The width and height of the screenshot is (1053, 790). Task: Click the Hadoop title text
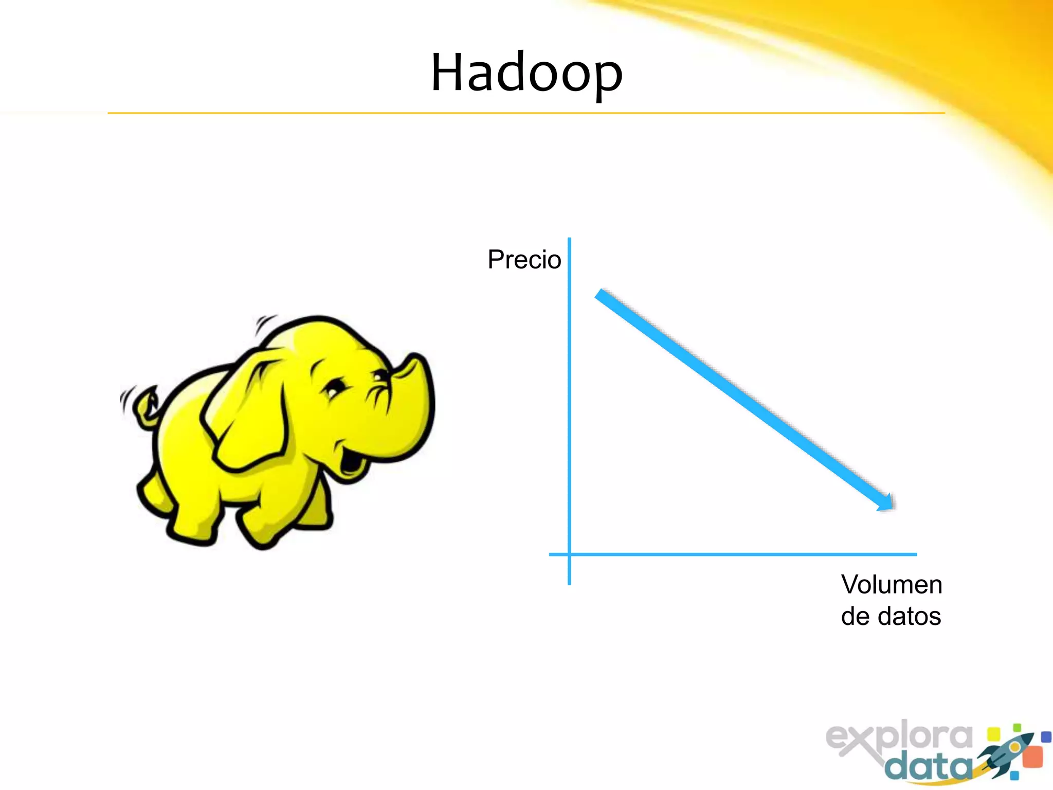(526, 73)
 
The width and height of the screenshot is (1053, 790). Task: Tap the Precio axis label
(524, 259)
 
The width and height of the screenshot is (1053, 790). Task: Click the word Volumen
(891, 585)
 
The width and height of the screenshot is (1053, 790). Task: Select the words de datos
(891, 616)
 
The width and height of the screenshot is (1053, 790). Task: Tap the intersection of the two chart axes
(569, 554)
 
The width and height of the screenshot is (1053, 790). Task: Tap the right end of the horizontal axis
(915, 554)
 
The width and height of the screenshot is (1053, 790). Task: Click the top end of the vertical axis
(569, 240)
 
